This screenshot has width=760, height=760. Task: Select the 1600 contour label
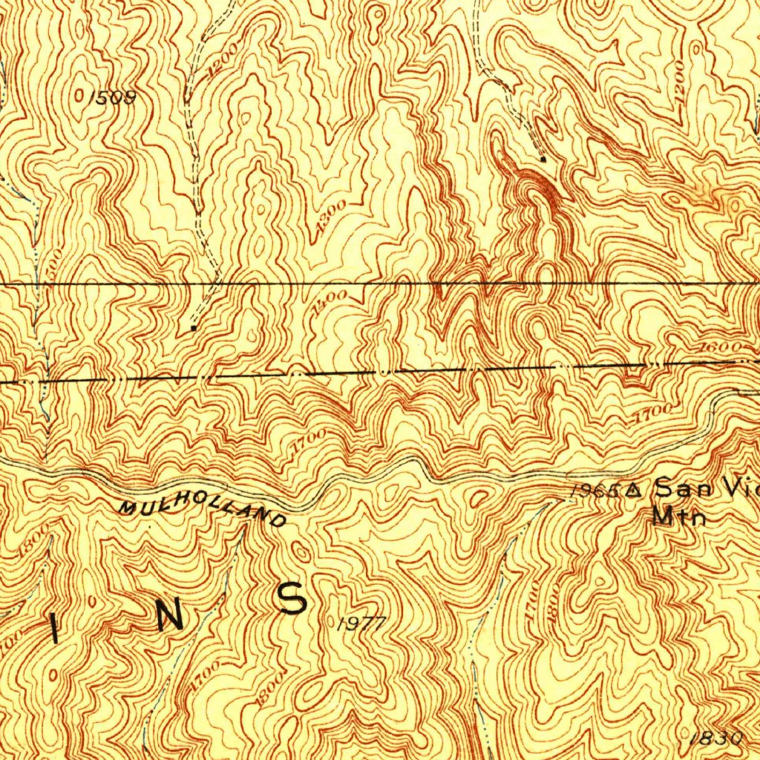[719, 347]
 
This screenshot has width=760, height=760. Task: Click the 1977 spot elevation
[361, 624]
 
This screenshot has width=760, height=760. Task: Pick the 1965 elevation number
[596, 491]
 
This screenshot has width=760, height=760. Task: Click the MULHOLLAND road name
[201, 511]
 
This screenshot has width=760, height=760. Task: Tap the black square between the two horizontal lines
[194, 327]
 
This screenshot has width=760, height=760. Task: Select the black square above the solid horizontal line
[544, 159]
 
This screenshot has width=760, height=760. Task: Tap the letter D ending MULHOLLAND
[278, 521]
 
